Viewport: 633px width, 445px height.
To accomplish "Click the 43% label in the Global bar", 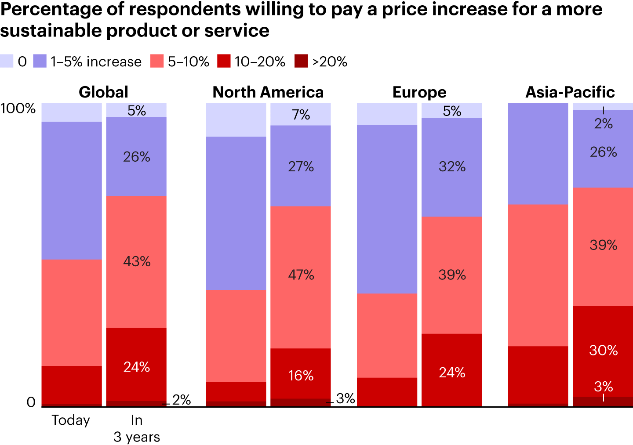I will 137,262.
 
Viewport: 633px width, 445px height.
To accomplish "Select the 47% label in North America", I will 301,275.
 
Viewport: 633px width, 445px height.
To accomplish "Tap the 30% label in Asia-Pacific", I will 603,350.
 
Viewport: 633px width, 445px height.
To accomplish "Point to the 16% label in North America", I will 301,376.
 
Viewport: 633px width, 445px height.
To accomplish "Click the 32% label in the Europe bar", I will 452,166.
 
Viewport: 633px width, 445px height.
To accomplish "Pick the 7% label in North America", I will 301,115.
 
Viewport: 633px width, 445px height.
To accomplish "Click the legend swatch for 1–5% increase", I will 40,61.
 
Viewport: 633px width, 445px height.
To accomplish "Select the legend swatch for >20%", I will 301,61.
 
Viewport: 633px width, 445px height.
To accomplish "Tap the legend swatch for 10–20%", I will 224,61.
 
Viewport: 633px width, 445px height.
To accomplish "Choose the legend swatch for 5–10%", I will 157,61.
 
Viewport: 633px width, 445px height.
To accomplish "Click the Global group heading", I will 104,92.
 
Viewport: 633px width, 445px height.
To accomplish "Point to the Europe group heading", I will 419,92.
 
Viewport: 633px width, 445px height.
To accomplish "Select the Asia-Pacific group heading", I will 570,92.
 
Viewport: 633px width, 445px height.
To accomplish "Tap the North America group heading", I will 268,92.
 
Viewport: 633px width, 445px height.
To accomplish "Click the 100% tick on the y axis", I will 18,109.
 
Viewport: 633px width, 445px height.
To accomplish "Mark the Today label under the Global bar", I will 71,420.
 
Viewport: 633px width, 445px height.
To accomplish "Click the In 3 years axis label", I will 137,428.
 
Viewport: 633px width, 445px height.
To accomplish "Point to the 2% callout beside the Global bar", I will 182,400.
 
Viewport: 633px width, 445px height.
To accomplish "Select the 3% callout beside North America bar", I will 346,398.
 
